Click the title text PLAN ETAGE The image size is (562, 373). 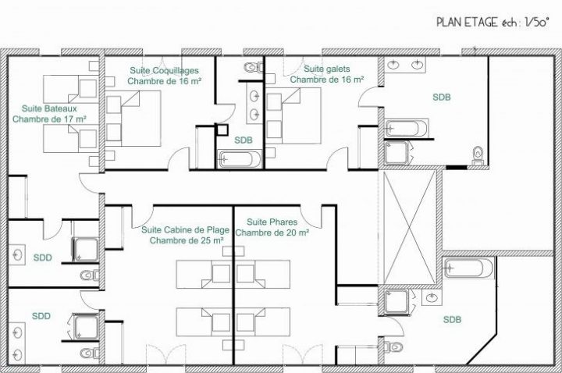tap(467, 22)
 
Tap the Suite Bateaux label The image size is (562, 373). tap(49, 108)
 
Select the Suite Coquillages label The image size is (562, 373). tap(164, 70)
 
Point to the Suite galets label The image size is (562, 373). tap(327, 69)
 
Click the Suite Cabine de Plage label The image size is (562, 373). tap(185, 229)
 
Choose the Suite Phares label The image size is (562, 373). tap(272, 222)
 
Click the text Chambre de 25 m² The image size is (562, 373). tap(187, 240)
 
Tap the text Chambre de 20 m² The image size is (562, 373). tap(272, 233)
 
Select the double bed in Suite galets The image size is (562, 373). tap(293, 115)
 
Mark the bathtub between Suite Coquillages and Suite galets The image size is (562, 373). tap(240, 159)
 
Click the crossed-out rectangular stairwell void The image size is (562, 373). tap(409, 227)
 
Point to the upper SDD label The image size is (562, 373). tap(43, 258)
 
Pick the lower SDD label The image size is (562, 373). tap(41, 316)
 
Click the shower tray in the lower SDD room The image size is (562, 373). tap(86, 326)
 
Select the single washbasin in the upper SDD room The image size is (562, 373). tap(17, 254)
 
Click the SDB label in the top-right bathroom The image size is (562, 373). tap(442, 97)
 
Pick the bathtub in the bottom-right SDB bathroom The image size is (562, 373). tap(468, 268)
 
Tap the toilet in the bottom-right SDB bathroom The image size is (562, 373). tap(393, 346)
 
